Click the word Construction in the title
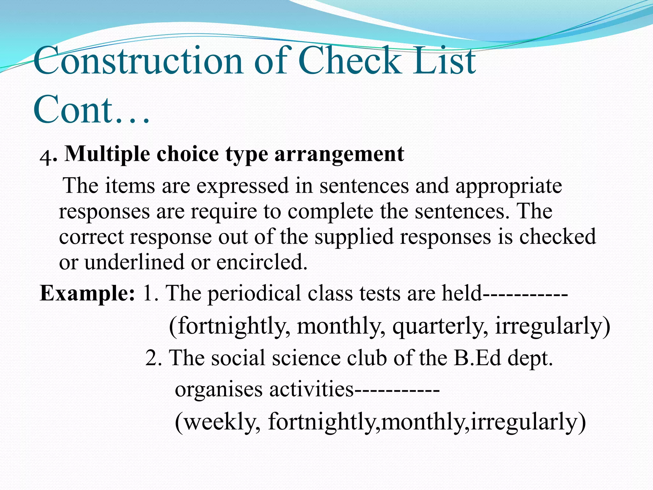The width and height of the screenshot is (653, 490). click(138, 61)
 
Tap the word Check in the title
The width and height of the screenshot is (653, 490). click(349, 61)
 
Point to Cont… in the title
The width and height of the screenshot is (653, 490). click(91, 109)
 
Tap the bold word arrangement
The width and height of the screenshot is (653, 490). click(339, 154)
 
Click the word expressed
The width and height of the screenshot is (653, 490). click(242, 186)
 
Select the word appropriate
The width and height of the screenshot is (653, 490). click(508, 186)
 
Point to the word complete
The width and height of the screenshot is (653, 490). click(330, 212)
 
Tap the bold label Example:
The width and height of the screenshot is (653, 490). click(87, 293)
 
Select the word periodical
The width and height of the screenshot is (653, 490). click(254, 293)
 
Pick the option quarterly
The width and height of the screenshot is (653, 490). click(440, 326)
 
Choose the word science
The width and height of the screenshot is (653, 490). click(306, 358)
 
